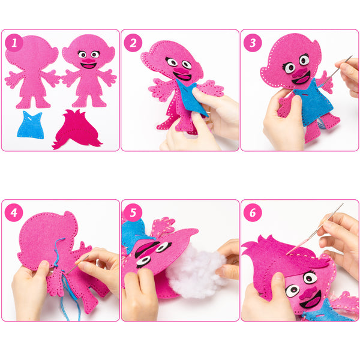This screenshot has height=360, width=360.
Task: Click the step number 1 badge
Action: point(14,43)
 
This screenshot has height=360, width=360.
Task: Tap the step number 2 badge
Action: point(133,43)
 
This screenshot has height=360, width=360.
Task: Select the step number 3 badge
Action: point(253,43)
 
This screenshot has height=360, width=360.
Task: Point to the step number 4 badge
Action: point(14,212)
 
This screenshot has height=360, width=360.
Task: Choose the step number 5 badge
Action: point(133,212)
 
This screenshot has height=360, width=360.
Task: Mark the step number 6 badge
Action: point(253,212)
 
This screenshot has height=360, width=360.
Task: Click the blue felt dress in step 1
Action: point(31,125)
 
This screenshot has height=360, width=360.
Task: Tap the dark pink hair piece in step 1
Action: point(77,130)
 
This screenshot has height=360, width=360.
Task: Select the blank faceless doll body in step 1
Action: point(32,71)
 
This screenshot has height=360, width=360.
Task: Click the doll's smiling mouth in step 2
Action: point(182,76)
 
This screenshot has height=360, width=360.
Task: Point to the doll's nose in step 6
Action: point(307,293)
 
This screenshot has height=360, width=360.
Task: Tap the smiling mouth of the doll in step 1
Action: point(89,65)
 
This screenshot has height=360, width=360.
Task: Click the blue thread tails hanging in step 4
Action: point(69,296)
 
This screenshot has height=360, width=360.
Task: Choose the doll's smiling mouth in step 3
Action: point(301,78)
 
